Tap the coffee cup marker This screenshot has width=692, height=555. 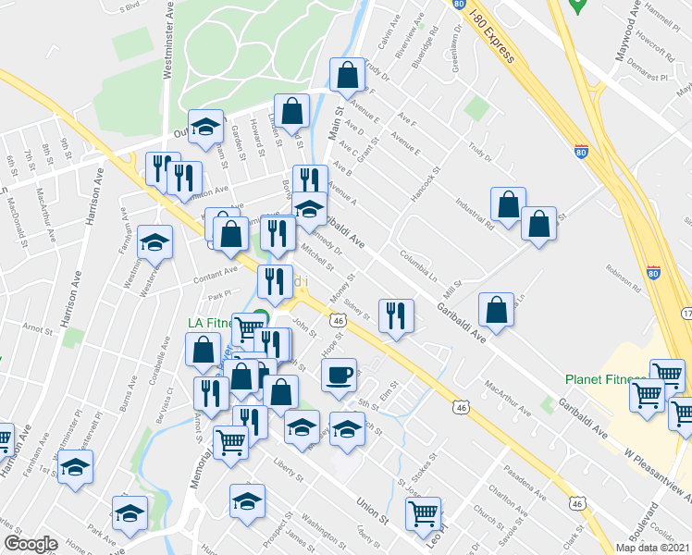340,375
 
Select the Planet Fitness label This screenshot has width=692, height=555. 605,379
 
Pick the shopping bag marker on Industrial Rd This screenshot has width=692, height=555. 508,204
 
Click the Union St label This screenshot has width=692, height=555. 371,508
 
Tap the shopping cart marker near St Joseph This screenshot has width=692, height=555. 423,511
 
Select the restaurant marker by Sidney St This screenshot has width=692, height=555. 396,316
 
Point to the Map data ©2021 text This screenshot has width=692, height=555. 653,548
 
